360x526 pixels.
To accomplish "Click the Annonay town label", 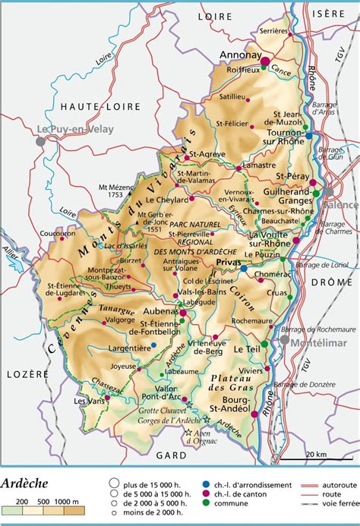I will [x=239, y=55].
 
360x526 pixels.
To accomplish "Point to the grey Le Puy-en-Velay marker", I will [x=40, y=141].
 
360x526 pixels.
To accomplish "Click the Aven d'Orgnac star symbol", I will [x=188, y=433].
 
